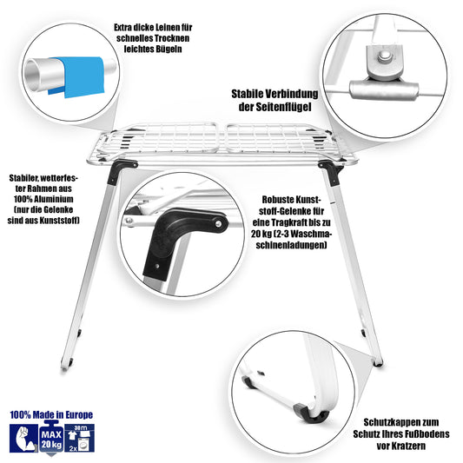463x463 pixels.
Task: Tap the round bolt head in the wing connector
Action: (383, 56)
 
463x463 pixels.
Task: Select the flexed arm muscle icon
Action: (23, 438)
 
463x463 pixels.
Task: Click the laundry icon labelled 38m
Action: (79, 438)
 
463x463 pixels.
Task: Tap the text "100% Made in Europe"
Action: (51, 415)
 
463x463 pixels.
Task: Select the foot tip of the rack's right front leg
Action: (378, 362)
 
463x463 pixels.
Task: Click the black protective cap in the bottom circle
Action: (315, 415)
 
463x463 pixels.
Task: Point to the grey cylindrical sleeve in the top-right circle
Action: (384, 89)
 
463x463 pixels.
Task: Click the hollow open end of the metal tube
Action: (32, 74)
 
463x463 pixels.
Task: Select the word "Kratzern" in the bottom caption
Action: (401, 446)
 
